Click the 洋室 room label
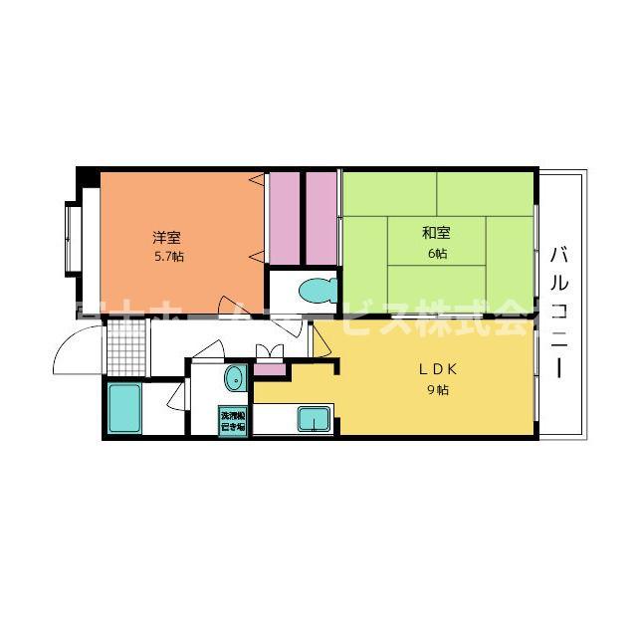point(166,237)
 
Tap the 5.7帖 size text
point(166,256)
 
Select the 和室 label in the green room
point(436,234)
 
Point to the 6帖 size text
point(436,254)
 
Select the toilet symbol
point(317,292)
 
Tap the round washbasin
point(235,378)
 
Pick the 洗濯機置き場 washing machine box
point(234,420)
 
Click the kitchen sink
point(313,419)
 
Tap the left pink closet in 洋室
point(286,215)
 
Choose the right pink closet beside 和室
point(320,215)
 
